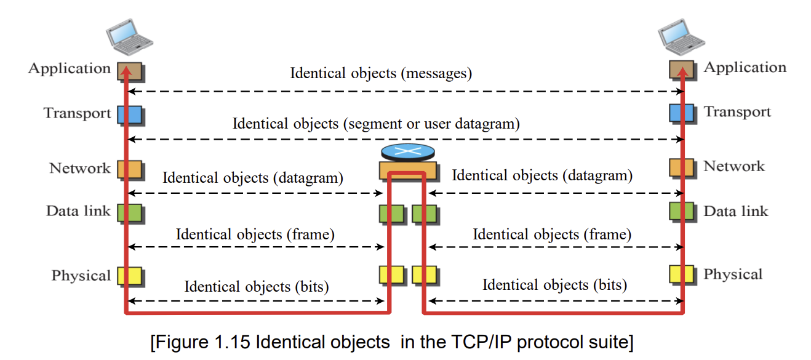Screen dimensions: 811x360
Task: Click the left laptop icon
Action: pyautogui.click(x=129, y=37)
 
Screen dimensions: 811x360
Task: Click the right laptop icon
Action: pyautogui.click(x=681, y=37)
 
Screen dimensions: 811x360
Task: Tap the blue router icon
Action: pyautogui.click(x=408, y=152)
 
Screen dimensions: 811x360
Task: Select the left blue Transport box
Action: pyautogui.click(x=131, y=116)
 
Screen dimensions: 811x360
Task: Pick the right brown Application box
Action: pyautogui.click(x=683, y=71)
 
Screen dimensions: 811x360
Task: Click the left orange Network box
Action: pyautogui.click(x=131, y=170)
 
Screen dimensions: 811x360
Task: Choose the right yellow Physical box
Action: pyautogui.click(x=683, y=275)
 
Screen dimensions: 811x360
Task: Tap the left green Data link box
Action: pyautogui.click(x=131, y=214)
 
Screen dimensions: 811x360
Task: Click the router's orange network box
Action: pyautogui.click(x=409, y=171)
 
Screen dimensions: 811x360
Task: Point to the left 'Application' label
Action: pyautogui.click(x=70, y=68)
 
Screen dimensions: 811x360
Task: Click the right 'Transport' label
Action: pyautogui.click(x=737, y=112)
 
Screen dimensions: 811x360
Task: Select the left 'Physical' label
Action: pyautogui.click(x=81, y=276)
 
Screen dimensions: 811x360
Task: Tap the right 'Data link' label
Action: pyautogui.click(x=736, y=211)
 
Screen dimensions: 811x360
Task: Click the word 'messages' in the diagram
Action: pyautogui.click(x=436, y=73)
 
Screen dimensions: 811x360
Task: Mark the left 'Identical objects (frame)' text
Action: pyautogui.click(x=255, y=234)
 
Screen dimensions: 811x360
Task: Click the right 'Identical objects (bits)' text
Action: pyautogui.click(x=554, y=285)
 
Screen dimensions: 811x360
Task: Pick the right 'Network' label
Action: pyautogui.click(x=734, y=167)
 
